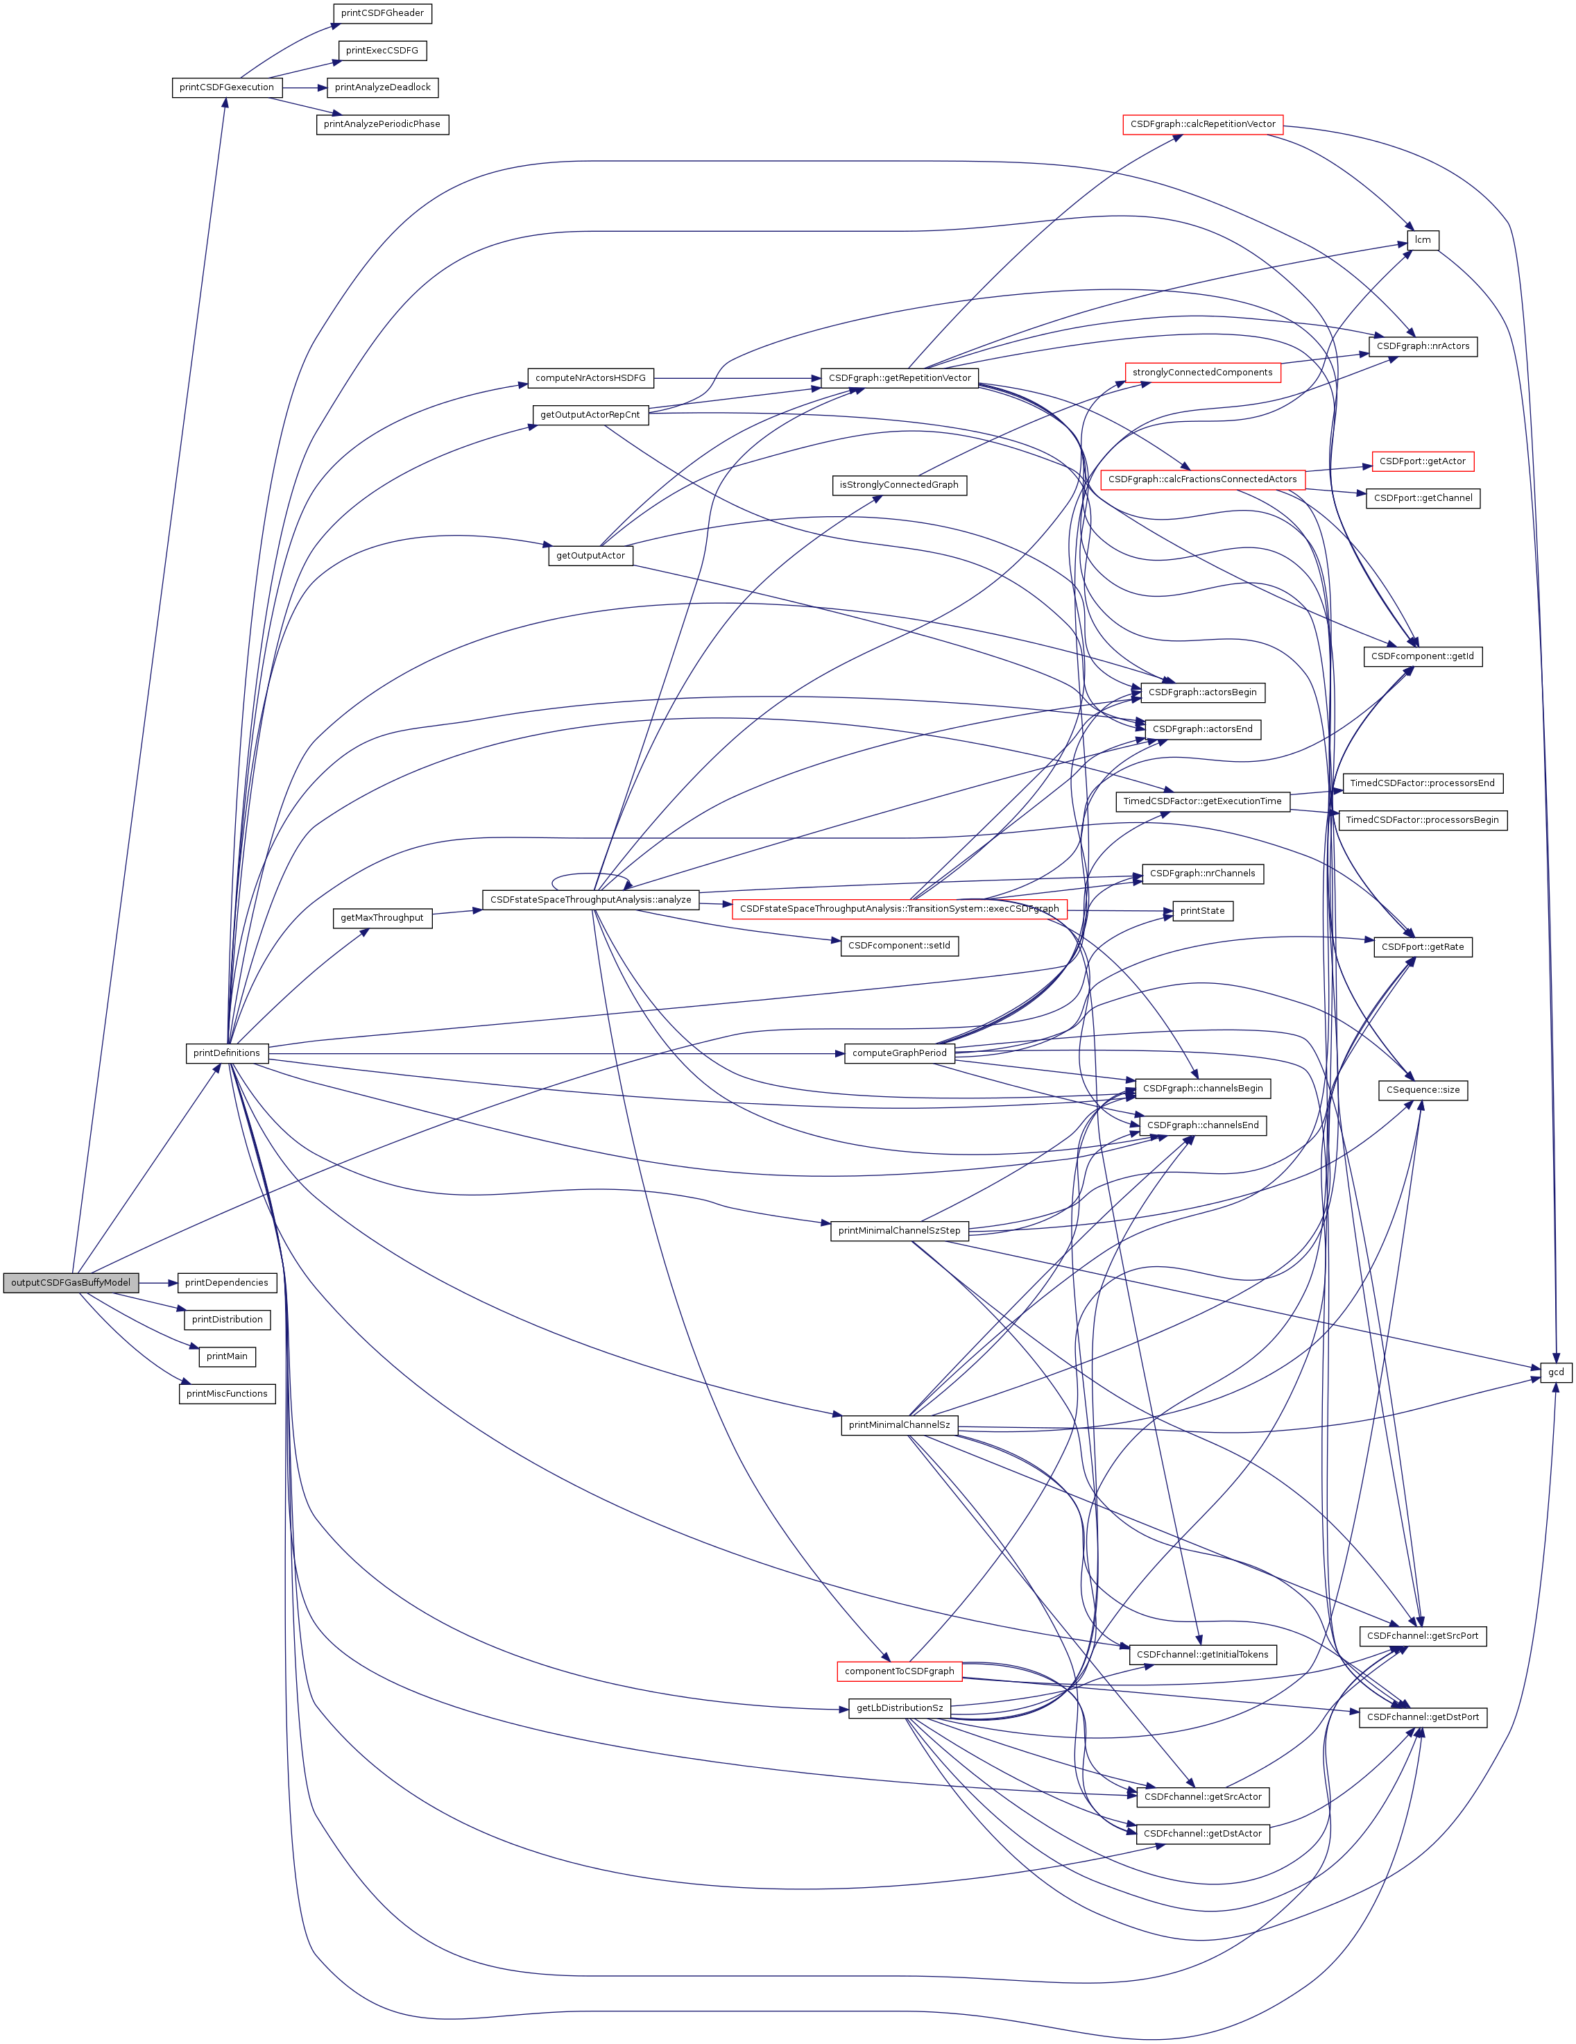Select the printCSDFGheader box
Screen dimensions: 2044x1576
(x=382, y=13)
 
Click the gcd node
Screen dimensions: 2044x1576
(x=1555, y=1372)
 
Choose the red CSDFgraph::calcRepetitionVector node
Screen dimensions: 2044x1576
(x=1203, y=124)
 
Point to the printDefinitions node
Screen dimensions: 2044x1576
(x=226, y=1053)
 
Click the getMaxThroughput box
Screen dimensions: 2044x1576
(x=382, y=918)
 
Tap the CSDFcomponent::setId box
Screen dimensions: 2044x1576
(x=898, y=945)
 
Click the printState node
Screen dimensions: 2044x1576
(x=1203, y=910)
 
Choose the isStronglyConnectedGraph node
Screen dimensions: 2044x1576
(x=898, y=485)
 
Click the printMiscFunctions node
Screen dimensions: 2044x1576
(x=226, y=1394)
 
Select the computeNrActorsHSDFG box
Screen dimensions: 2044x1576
(x=590, y=378)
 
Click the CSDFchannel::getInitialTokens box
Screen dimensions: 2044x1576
(x=1203, y=1655)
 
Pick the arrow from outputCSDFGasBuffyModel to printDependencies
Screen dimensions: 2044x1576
(x=158, y=1282)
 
